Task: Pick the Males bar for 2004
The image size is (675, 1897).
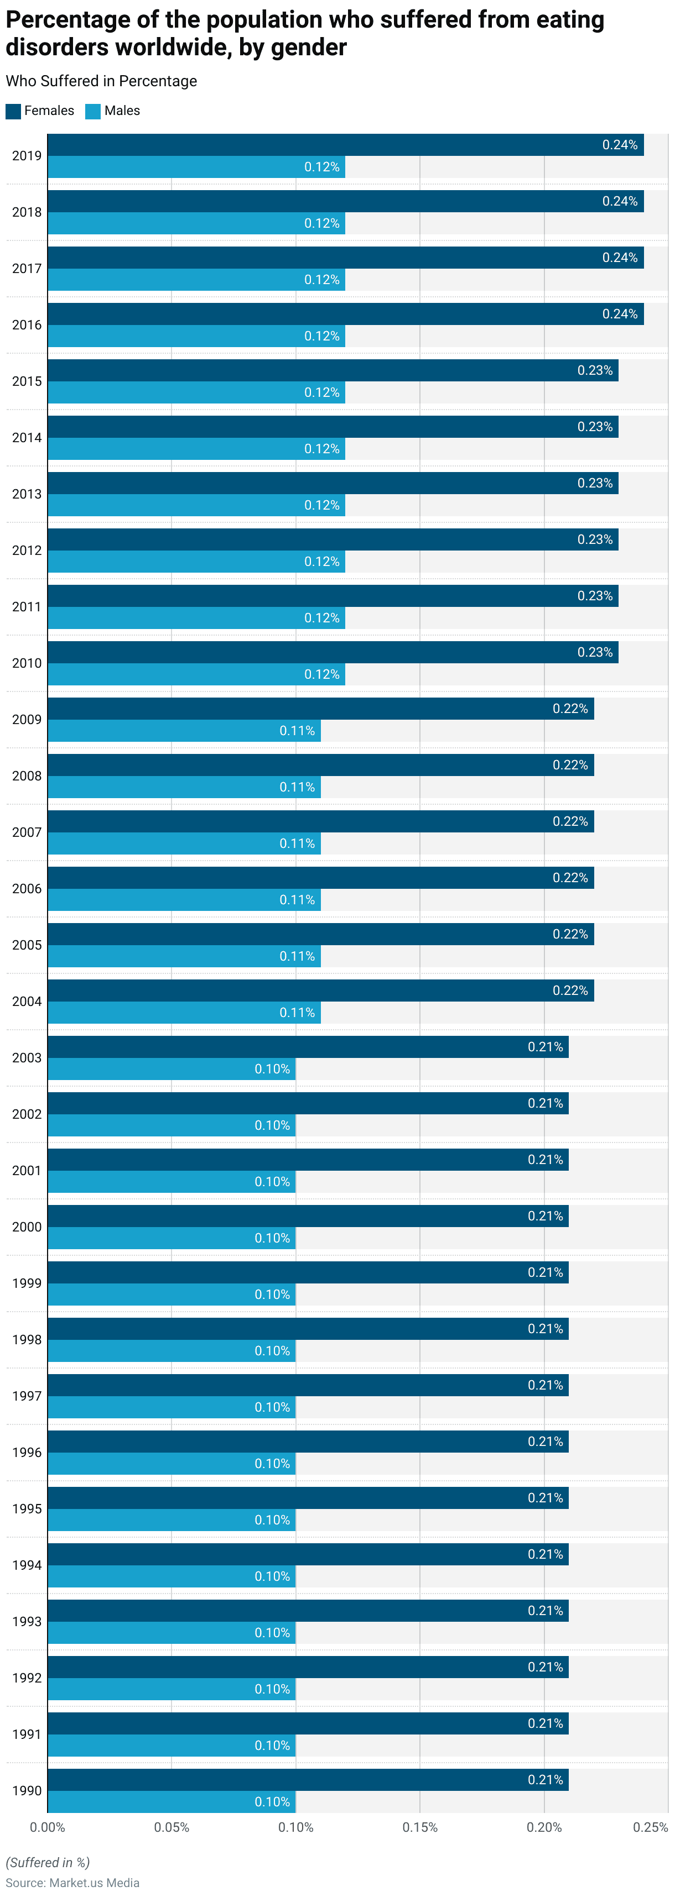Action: pyautogui.click(x=184, y=1013)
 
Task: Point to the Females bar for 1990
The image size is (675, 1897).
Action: pyautogui.click(x=308, y=1780)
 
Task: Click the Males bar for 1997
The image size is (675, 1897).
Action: pyautogui.click(x=172, y=1407)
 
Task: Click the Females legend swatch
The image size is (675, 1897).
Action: pyautogui.click(x=13, y=111)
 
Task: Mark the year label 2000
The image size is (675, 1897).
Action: pyautogui.click(x=27, y=1227)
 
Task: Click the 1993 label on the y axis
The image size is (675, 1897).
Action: pyautogui.click(x=27, y=1622)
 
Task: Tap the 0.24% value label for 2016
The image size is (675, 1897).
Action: pyautogui.click(x=620, y=315)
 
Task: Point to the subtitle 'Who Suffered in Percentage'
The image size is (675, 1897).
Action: pyautogui.click(x=102, y=81)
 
